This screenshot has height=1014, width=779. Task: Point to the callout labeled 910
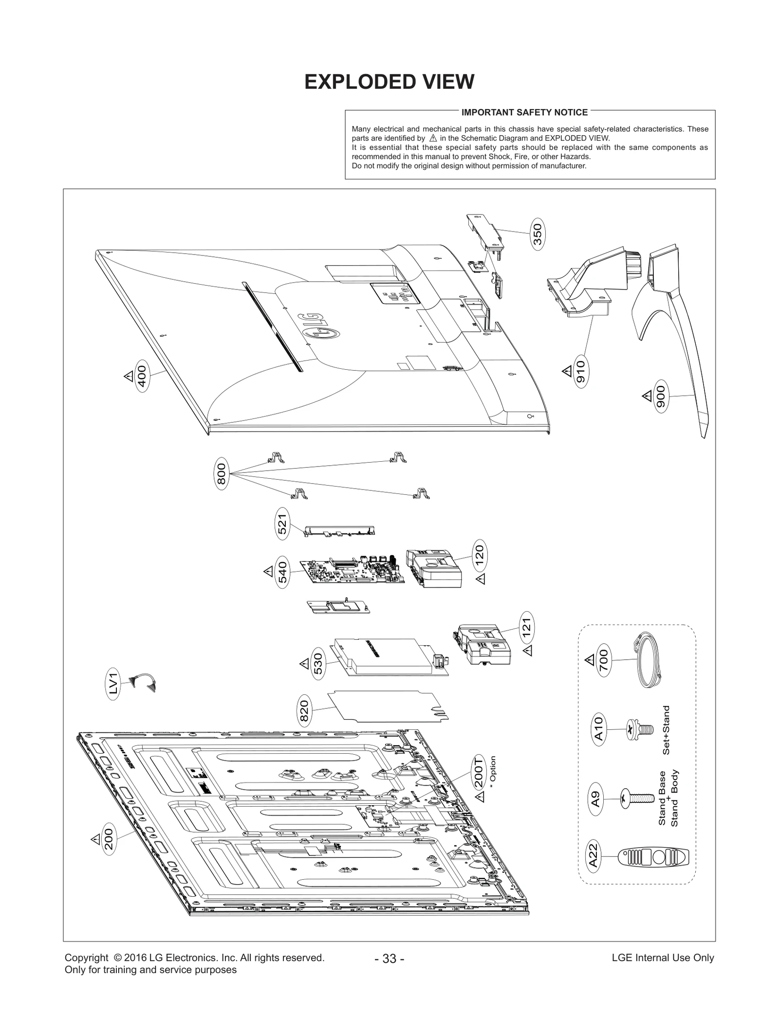coord(580,371)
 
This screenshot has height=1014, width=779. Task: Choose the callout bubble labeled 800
coord(221,473)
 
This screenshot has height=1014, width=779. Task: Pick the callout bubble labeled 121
coord(526,628)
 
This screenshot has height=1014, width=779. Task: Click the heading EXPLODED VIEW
coord(389,82)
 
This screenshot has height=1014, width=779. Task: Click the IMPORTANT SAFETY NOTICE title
coord(524,112)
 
